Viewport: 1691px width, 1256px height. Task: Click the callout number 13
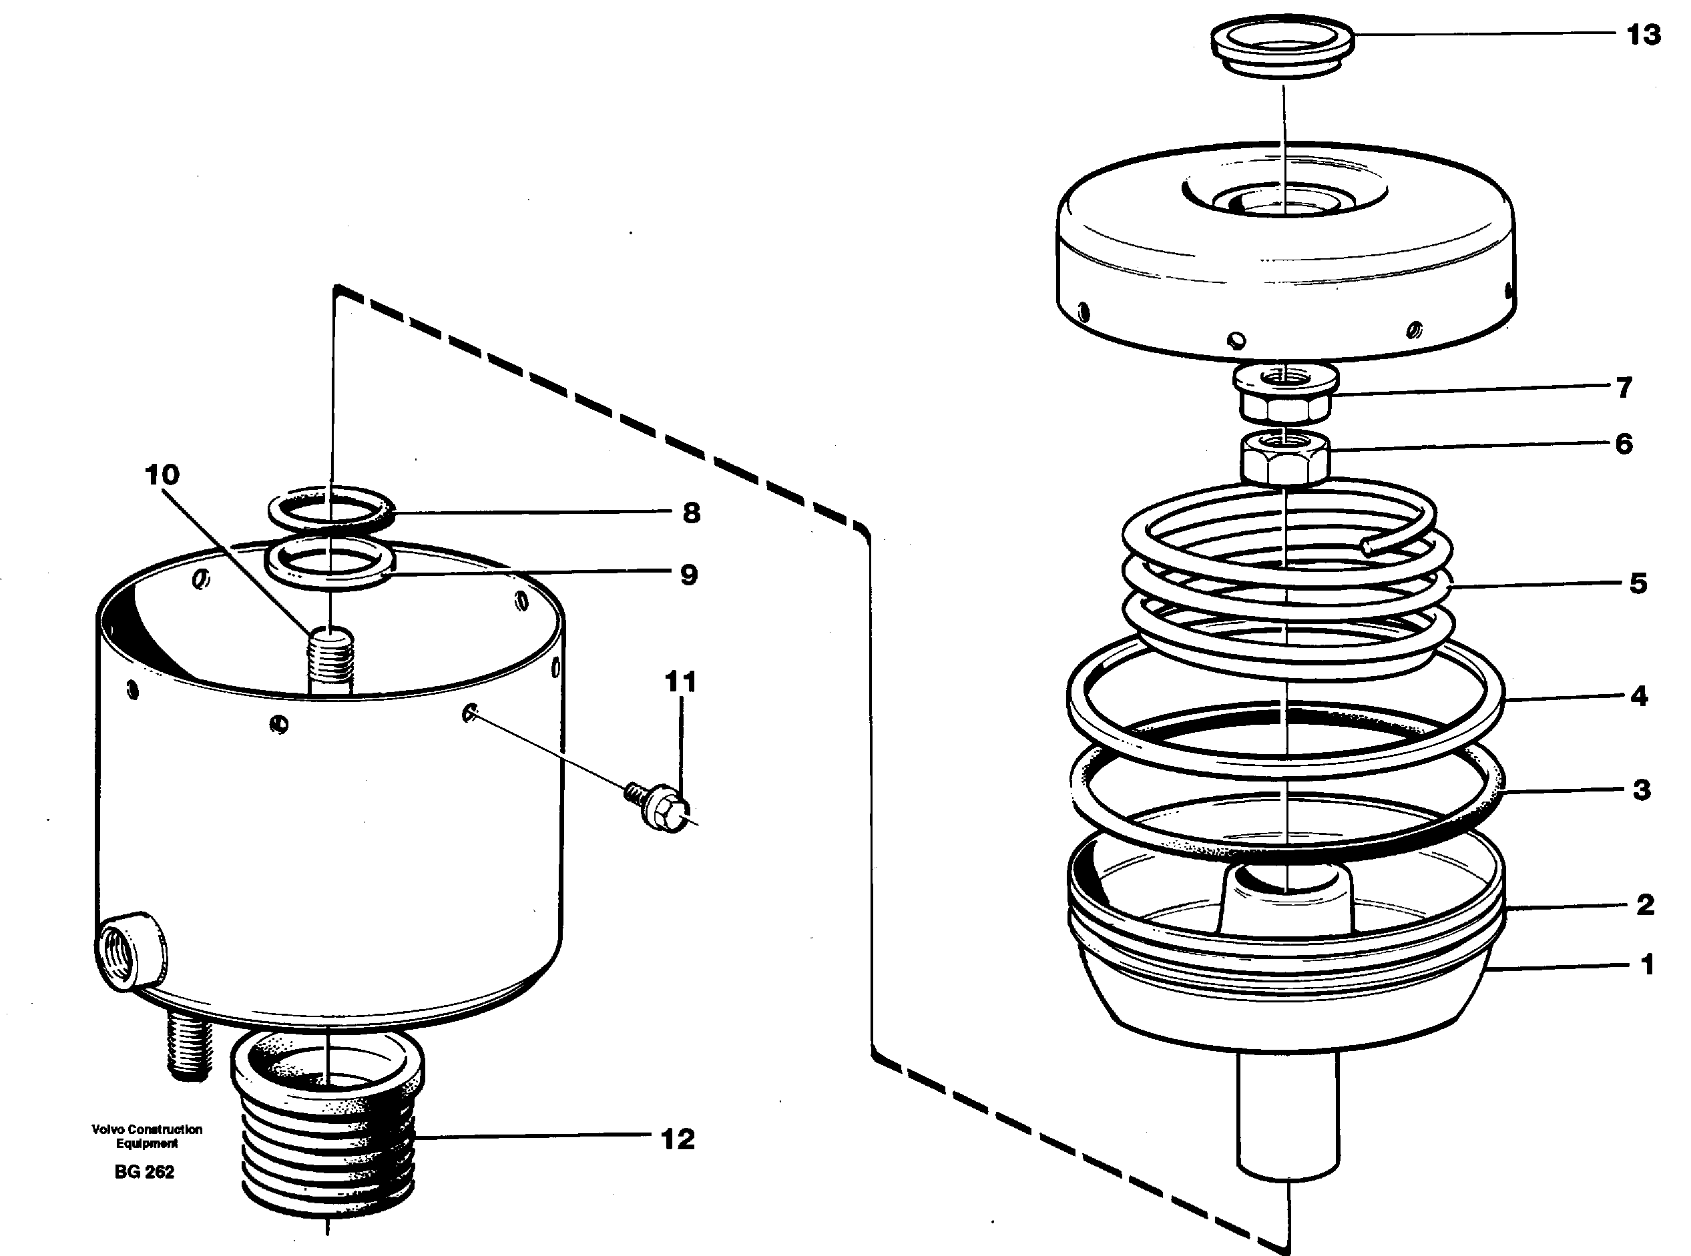[1643, 35]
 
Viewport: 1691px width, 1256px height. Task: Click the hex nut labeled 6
[1285, 458]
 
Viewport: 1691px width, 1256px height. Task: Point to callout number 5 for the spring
[1638, 583]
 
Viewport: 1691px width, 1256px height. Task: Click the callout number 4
[1638, 695]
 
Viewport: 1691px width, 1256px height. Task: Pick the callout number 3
[1642, 790]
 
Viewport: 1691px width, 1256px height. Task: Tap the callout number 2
[1645, 905]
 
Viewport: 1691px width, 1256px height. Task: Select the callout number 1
[1647, 965]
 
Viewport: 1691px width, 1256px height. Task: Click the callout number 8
[690, 513]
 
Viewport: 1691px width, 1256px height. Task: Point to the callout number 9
[689, 575]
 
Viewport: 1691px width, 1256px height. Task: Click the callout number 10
[162, 475]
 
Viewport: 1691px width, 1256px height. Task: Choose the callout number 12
[678, 1139]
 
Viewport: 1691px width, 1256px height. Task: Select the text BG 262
[144, 1172]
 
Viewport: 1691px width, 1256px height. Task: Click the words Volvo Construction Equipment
[147, 1136]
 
